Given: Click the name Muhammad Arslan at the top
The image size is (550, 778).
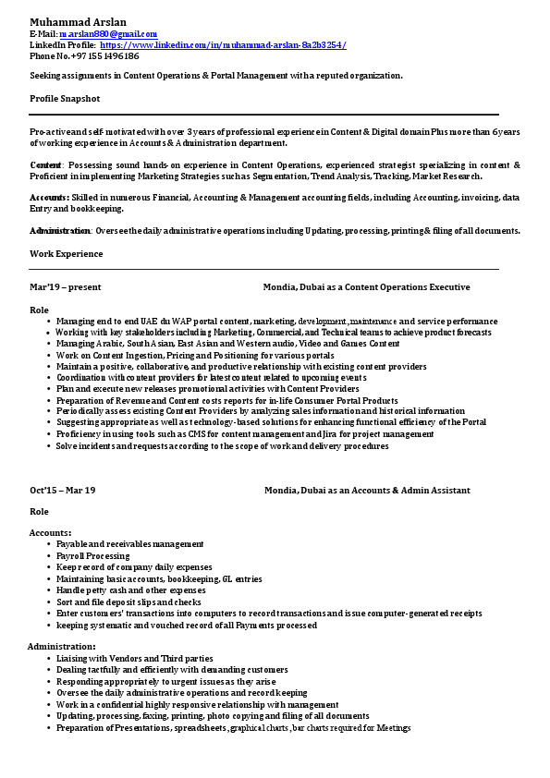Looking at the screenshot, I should tap(79, 21).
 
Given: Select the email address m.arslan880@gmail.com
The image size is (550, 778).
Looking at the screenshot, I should tap(108, 33).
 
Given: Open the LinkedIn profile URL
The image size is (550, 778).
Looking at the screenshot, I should tap(223, 44).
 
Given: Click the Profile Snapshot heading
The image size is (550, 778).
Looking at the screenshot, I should tap(65, 98).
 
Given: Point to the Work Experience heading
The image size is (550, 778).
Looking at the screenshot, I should tap(67, 253).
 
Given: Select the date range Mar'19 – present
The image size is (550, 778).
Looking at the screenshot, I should tap(66, 287).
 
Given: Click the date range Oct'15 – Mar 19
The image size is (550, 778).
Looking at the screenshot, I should tap(63, 490).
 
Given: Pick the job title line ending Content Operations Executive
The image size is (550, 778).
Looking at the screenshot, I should tap(366, 287).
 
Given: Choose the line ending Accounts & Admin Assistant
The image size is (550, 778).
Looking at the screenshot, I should tap(367, 490).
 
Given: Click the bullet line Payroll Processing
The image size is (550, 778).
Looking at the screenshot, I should tap(93, 556).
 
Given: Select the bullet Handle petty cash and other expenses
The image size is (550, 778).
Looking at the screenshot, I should tap(130, 590).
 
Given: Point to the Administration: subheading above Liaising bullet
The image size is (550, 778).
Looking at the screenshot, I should tap(62, 646).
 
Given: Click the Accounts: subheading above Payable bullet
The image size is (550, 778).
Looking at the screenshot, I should tap(51, 533).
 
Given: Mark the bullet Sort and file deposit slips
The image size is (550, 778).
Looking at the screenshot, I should tap(128, 602).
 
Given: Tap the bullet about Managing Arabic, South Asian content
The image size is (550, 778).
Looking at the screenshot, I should tap(227, 344).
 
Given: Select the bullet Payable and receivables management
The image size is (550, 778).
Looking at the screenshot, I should tap(130, 544).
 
